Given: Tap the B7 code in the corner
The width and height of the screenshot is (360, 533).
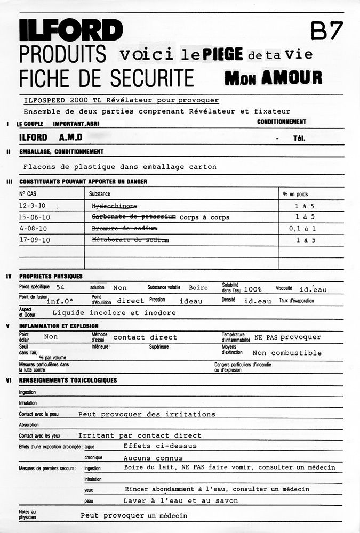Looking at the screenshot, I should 326,31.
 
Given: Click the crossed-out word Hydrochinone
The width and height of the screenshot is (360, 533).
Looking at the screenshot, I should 114,206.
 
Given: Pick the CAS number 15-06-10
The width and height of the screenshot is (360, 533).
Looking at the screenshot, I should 34,217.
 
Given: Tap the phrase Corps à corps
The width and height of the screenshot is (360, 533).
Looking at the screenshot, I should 204,217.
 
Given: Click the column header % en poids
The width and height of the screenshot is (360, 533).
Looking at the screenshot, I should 295,194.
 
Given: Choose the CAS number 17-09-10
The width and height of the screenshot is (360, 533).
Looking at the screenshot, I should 34,240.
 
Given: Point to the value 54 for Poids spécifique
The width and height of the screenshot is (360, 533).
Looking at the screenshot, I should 60,288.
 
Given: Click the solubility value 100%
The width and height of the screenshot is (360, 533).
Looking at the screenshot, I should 253,289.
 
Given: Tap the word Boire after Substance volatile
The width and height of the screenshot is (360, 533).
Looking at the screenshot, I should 198,288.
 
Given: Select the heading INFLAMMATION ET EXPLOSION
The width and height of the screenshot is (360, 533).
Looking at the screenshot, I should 59,326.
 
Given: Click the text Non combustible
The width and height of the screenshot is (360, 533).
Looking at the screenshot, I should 287,353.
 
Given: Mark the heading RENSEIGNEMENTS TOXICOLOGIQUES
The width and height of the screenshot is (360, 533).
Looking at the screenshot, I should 68,380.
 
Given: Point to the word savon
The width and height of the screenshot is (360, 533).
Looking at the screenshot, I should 226,501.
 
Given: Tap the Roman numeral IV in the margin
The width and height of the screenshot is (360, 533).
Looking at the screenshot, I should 9,276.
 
